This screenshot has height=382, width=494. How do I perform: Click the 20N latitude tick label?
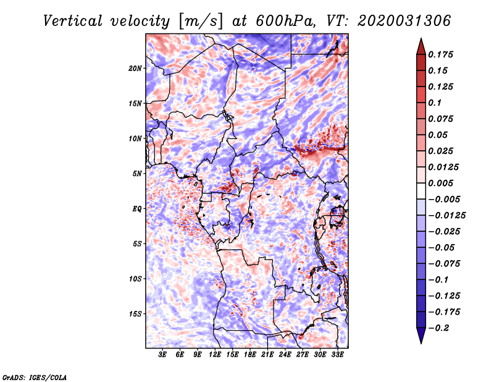(x=135, y=68)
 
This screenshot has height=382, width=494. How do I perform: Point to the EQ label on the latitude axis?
(x=137, y=209)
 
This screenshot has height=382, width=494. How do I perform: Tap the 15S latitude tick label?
(x=135, y=314)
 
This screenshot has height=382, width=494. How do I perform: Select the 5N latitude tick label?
(x=137, y=174)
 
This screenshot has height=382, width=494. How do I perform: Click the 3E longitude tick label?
(x=163, y=355)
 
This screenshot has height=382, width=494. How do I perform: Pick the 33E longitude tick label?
(x=337, y=355)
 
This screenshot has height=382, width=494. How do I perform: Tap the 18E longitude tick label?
(x=250, y=355)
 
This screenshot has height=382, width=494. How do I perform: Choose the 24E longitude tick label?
(x=285, y=355)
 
